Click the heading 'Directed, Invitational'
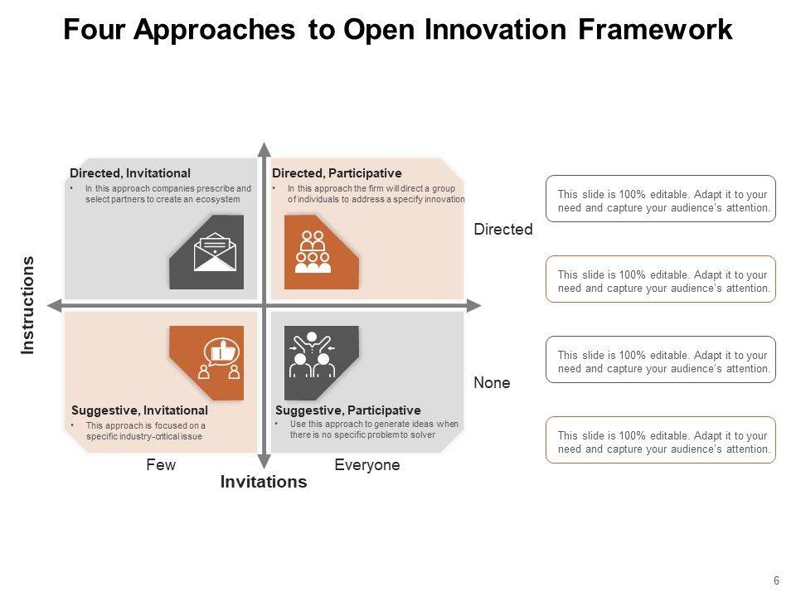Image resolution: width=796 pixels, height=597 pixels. [130, 173]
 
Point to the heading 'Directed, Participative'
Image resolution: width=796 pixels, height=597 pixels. [337, 173]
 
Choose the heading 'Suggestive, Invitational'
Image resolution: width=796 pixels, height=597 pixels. [139, 410]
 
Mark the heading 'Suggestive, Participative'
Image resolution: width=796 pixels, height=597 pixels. [347, 410]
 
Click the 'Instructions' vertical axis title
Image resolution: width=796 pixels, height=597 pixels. [28, 305]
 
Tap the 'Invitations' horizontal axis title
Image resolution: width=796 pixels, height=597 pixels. [264, 482]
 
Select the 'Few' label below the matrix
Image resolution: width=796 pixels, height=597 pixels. [161, 465]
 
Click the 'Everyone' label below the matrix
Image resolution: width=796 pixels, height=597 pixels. [367, 465]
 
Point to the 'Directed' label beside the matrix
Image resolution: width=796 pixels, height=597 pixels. [503, 230]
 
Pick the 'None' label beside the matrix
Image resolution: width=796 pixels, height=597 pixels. [492, 383]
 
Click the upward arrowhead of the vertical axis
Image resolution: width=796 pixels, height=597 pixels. [264, 150]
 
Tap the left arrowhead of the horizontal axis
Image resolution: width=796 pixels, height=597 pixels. [55, 306]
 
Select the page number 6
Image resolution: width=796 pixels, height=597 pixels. [776, 580]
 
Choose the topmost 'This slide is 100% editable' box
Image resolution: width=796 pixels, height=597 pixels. [661, 198]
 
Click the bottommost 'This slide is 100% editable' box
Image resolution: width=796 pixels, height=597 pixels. [661, 439]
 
